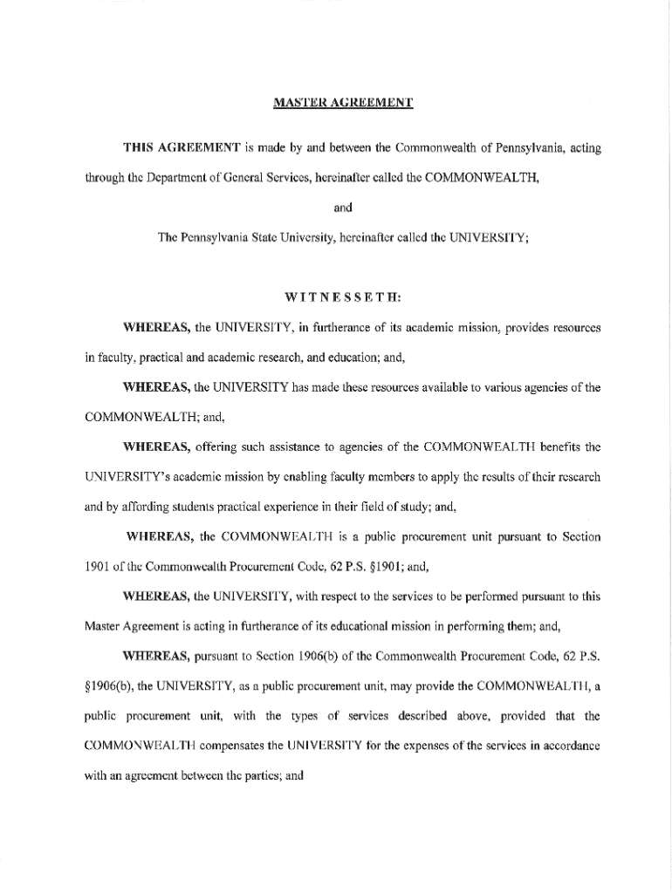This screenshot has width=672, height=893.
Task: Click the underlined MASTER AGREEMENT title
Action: tap(343, 104)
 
